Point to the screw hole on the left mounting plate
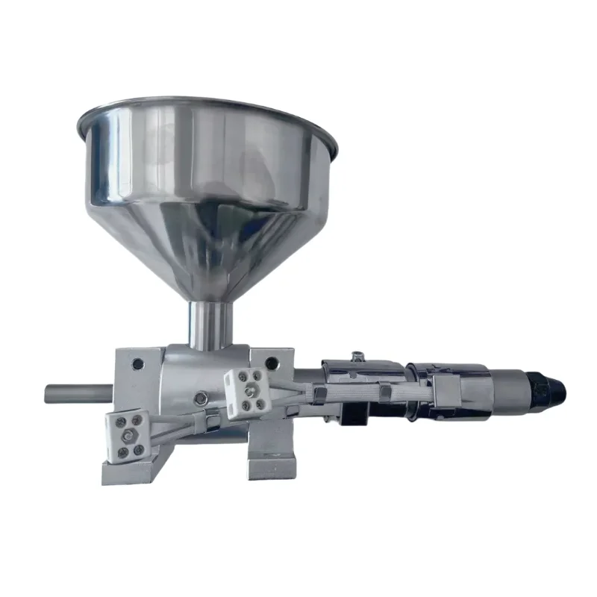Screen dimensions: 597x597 click(x=137, y=365)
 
